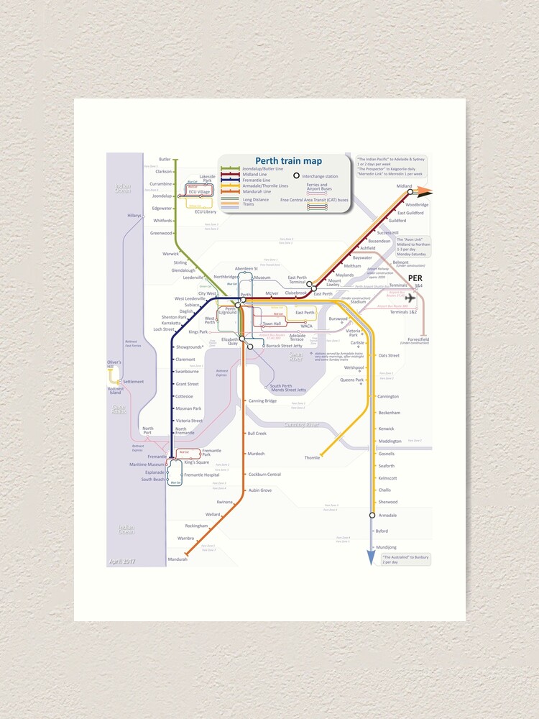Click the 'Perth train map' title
[288, 161]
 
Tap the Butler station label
[165, 159]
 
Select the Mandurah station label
[177, 559]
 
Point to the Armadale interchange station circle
[372, 515]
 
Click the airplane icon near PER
[410, 298]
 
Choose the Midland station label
[405, 186]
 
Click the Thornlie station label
[312, 457]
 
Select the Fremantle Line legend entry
[256, 180]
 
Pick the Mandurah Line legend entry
[257, 192]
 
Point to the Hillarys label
[134, 215]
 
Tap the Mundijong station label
[386, 547]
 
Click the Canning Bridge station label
[262, 400]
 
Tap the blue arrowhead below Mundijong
[372, 559]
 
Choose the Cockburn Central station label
[264, 475]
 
